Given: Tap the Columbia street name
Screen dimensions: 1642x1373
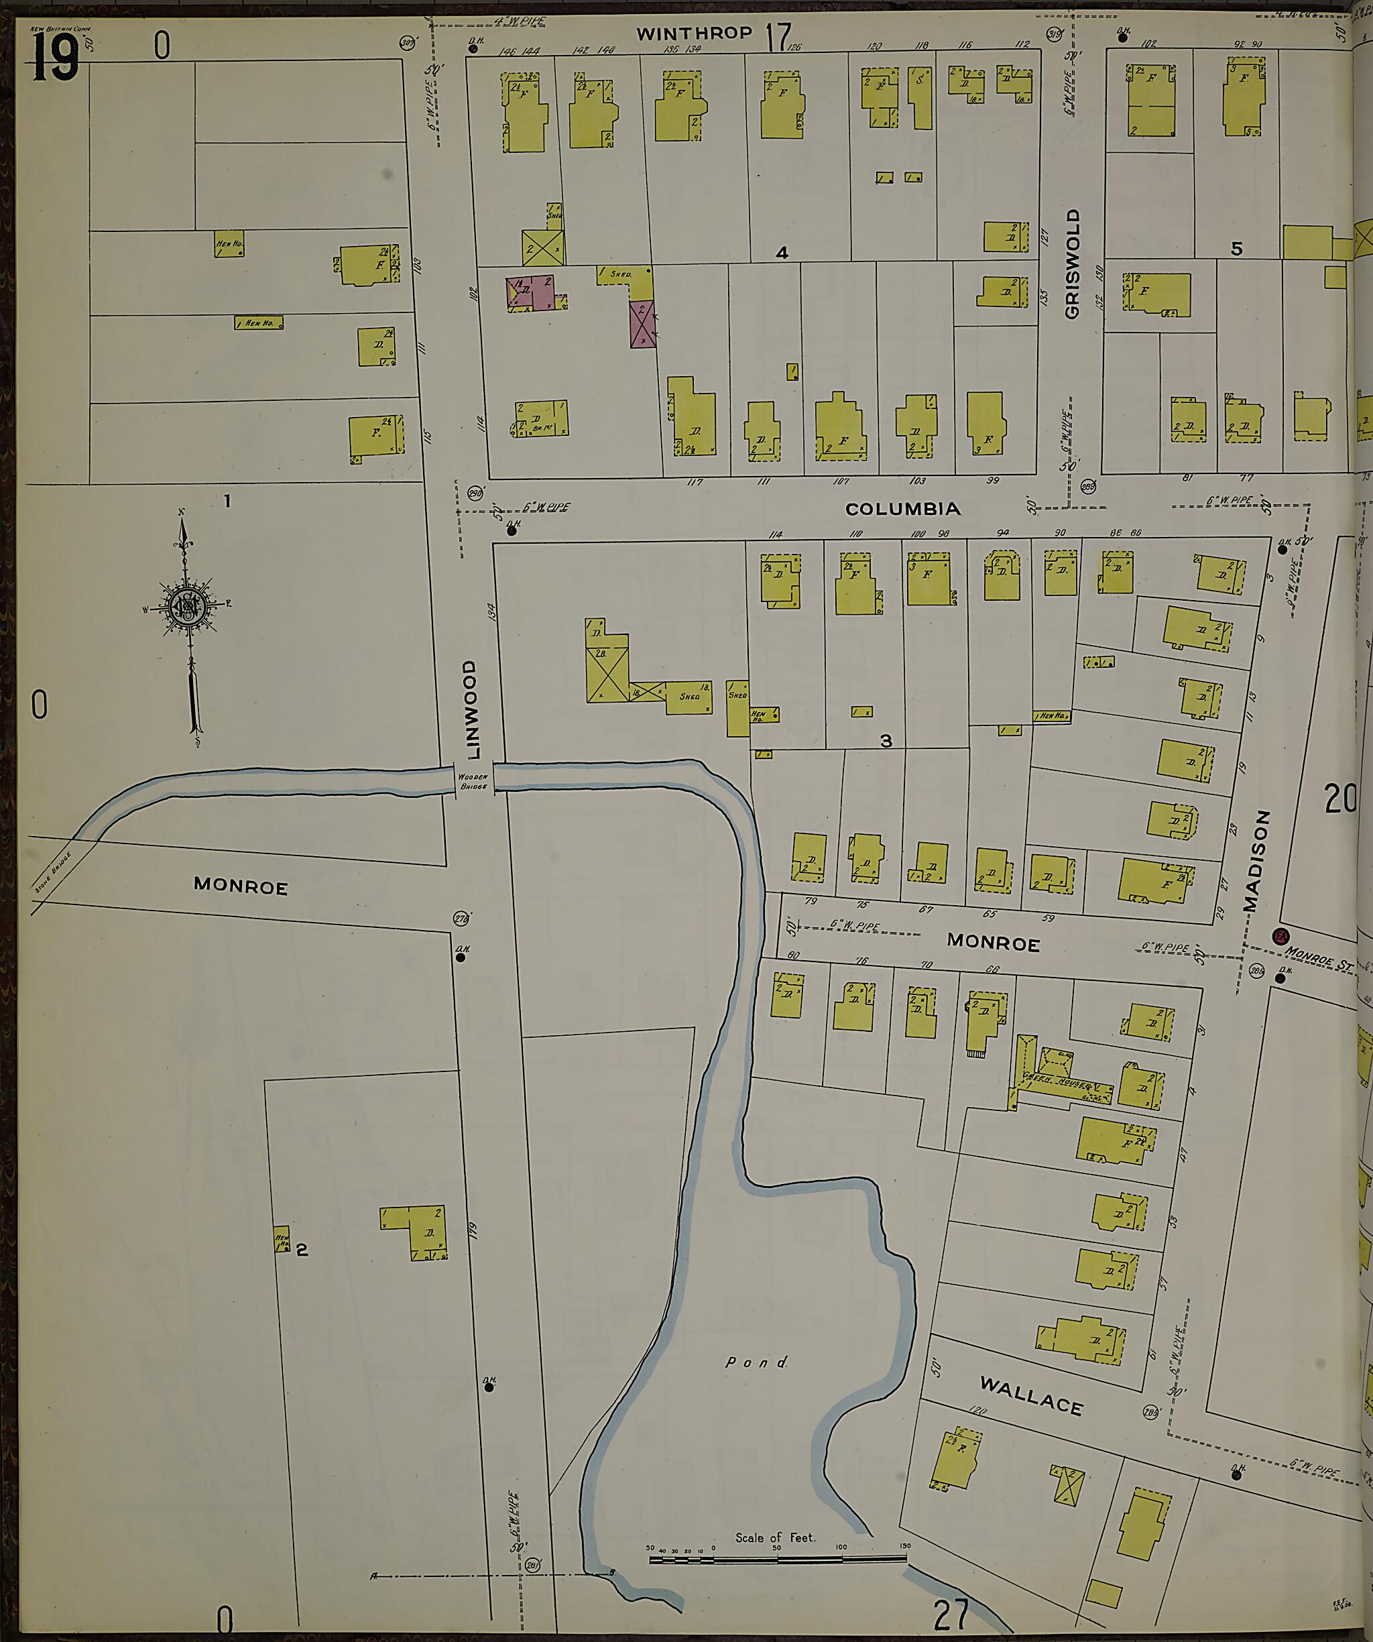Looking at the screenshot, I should (x=903, y=509).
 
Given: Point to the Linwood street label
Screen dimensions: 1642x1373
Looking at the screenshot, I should (x=471, y=709).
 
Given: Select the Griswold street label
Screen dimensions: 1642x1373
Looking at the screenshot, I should (x=1071, y=263).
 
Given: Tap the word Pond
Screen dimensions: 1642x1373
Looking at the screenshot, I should (x=756, y=1362).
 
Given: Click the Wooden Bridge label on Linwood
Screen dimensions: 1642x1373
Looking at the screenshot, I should (x=473, y=781).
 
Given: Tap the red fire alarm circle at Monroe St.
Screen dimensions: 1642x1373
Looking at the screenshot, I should (x=1280, y=937).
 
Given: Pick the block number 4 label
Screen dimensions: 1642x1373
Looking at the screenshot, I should (x=781, y=253).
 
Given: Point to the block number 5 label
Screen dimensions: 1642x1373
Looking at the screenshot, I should (x=1236, y=249).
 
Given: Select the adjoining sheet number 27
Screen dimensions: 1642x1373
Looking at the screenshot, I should (x=951, y=1614).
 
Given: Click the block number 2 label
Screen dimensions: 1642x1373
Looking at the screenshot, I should (x=302, y=1250).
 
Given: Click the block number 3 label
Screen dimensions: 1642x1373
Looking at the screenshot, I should (x=885, y=740).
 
